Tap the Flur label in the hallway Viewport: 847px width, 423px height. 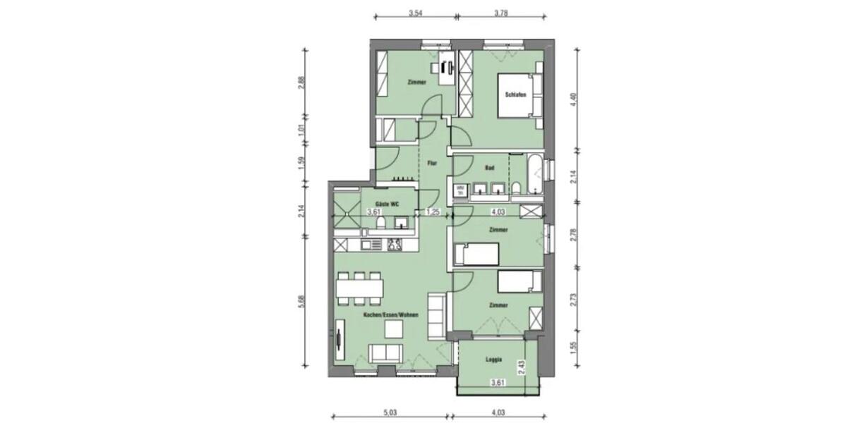[x=432, y=164]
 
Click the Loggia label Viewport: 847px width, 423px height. [x=494, y=360]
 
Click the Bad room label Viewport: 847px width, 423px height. [x=489, y=168]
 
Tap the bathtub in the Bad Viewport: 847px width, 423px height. [x=534, y=176]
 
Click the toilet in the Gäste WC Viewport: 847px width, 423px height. [x=380, y=224]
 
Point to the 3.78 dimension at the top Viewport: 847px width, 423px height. [x=502, y=12]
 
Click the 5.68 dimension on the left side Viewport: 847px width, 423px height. [x=301, y=301]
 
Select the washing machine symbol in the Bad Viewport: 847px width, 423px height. [x=460, y=188]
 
